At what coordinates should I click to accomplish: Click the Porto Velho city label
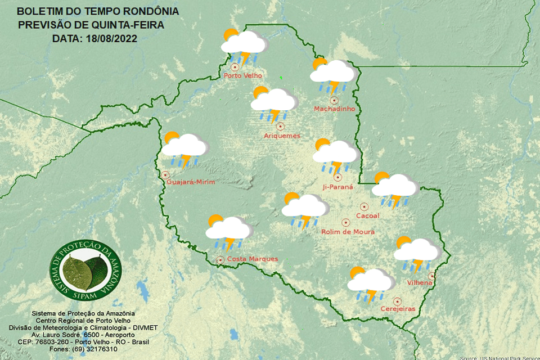click(243, 76)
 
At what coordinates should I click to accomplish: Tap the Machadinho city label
click(334, 109)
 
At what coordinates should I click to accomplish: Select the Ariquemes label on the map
click(282, 136)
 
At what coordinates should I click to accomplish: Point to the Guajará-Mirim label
click(191, 182)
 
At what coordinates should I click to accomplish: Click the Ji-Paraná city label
click(337, 186)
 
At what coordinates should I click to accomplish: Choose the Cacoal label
click(368, 215)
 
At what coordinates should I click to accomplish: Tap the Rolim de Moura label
click(348, 232)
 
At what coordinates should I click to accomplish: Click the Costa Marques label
click(252, 259)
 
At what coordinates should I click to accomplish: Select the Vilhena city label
click(419, 283)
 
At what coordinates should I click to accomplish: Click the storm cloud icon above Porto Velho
click(243, 45)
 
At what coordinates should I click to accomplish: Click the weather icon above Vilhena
click(416, 253)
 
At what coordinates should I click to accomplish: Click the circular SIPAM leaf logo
click(85, 271)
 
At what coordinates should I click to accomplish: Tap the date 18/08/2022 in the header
click(111, 39)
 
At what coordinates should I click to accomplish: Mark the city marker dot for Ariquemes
click(280, 127)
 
